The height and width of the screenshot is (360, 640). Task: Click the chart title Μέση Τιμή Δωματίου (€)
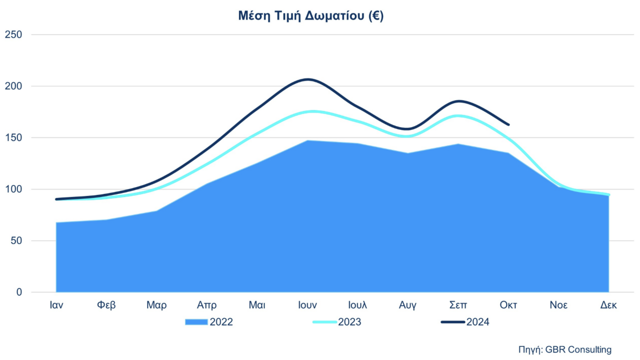tap(310, 16)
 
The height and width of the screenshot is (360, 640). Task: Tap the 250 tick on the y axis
tap(13, 35)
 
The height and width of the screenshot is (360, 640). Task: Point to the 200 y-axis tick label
tap(13, 86)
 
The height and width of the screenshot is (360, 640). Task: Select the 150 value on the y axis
tap(13, 138)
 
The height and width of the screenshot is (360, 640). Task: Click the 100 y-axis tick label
tap(13, 189)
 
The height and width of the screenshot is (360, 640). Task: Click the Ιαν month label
tap(56, 305)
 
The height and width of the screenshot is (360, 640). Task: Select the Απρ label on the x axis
tap(207, 305)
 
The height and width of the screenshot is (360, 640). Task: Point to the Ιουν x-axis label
tap(307, 305)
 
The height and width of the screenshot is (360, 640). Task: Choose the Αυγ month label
tap(408, 305)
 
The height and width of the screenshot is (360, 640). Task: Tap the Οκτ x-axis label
tap(508, 305)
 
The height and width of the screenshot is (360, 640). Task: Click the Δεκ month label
tap(608, 305)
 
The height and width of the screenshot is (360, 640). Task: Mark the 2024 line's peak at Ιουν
tap(308, 79)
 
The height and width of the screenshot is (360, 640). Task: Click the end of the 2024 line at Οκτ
tap(508, 124)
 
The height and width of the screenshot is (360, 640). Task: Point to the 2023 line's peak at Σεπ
tap(458, 116)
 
